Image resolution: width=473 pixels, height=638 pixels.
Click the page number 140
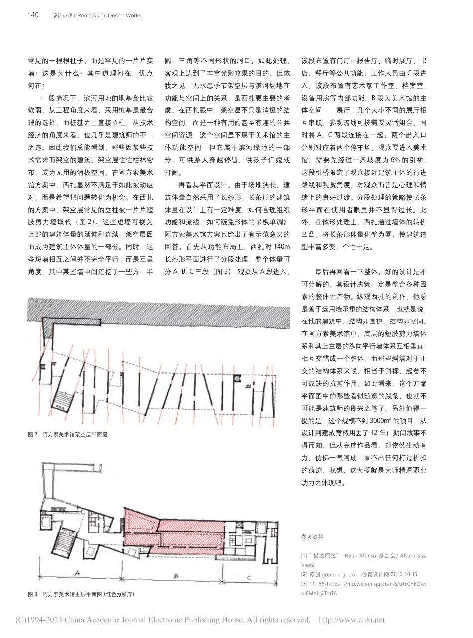point(33,15)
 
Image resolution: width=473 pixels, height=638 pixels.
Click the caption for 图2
point(68,434)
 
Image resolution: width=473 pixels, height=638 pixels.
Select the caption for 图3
point(82,594)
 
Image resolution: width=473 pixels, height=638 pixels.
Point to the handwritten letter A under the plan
point(76,573)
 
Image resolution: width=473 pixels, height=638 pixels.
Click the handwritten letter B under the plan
point(175,576)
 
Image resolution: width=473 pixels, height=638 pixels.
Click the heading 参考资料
point(312,537)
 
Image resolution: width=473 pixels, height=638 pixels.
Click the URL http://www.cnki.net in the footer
point(351,620)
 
